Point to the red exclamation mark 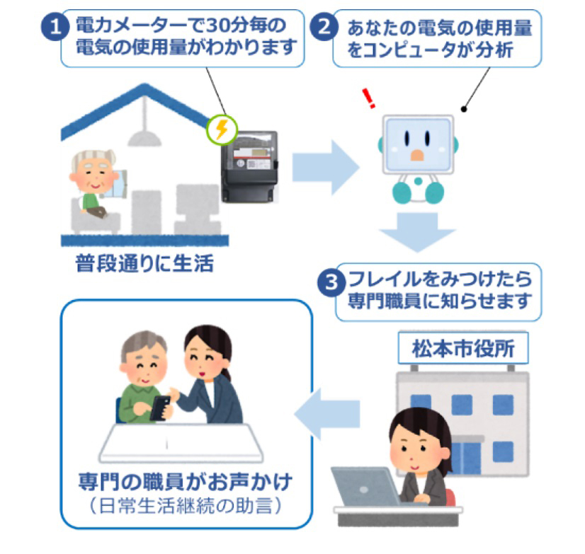click(x=368, y=99)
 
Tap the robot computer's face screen click(x=418, y=146)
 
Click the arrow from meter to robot click(x=325, y=166)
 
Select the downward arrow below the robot click(x=417, y=233)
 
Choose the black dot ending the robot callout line click(x=465, y=110)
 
